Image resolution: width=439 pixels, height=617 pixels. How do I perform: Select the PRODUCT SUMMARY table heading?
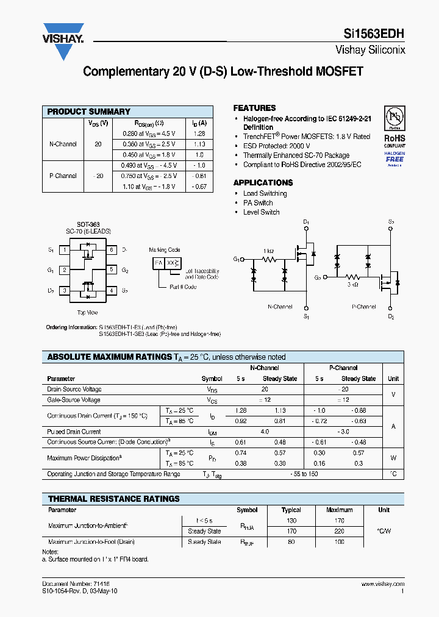tap(89, 112)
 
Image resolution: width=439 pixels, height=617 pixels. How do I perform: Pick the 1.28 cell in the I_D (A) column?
tap(199, 134)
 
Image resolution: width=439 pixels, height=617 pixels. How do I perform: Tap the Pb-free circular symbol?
tap(394, 117)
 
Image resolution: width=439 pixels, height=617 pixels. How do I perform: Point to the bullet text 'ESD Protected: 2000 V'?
tap(276, 146)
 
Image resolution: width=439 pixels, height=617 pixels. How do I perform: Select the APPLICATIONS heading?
tap(263, 182)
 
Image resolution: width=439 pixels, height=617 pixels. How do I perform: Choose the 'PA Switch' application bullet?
tap(258, 203)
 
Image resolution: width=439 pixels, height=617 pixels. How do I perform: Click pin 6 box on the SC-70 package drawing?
tap(112, 250)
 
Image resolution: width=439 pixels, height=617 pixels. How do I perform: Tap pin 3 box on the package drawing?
tap(64, 291)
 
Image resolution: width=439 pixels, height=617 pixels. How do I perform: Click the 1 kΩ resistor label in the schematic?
tap(269, 251)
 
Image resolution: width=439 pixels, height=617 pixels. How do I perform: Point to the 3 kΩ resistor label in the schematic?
tap(352, 284)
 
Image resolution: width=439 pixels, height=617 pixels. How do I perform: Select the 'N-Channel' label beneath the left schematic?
tap(280, 307)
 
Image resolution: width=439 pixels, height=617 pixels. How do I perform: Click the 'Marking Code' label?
tap(165, 250)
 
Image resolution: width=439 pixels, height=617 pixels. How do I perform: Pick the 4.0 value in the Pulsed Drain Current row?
tap(265, 431)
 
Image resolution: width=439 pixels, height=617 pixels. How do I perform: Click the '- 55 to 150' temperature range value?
tap(304, 474)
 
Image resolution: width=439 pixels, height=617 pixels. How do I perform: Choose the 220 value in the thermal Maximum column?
tap(339, 531)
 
